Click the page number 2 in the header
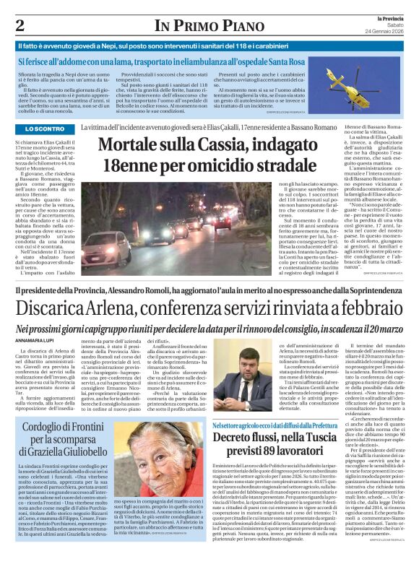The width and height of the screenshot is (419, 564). point(20,25)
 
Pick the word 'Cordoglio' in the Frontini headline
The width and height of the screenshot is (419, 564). point(51,428)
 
